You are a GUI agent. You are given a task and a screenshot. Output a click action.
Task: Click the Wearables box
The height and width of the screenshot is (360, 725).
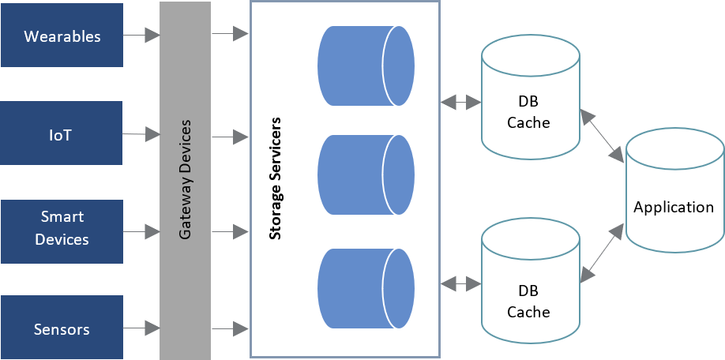(x=62, y=36)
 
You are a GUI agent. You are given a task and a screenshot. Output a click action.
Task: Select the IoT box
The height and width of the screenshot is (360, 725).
(x=62, y=133)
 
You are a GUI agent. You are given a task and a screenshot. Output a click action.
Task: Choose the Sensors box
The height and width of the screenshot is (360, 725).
(x=62, y=328)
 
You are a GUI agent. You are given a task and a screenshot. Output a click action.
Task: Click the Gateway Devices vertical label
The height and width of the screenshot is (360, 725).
(x=186, y=180)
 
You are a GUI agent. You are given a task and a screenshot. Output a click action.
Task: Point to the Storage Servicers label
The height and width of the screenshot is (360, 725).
(x=276, y=180)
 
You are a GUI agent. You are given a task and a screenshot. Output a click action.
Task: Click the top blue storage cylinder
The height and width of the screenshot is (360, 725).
(x=366, y=66)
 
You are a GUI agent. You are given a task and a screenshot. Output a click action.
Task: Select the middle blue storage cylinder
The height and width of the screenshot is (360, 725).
(x=366, y=174)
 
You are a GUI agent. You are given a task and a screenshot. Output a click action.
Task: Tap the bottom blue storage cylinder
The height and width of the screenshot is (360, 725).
(x=366, y=288)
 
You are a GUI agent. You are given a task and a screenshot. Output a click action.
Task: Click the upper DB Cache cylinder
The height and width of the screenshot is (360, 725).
(x=528, y=99)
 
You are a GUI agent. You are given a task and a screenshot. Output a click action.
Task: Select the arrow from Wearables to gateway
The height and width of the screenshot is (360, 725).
(x=142, y=36)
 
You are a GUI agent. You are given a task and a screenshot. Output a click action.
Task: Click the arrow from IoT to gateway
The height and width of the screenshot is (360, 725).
(x=142, y=134)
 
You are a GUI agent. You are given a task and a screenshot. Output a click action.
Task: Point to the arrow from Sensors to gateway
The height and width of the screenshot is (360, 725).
(x=142, y=327)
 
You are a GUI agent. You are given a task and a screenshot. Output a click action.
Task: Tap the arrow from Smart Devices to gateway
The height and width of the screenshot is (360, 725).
(x=142, y=232)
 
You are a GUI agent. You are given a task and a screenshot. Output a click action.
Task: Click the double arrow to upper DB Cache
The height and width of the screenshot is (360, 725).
(x=461, y=102)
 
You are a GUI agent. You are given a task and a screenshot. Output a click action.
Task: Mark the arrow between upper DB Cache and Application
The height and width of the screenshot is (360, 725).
(x=602, y=135)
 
